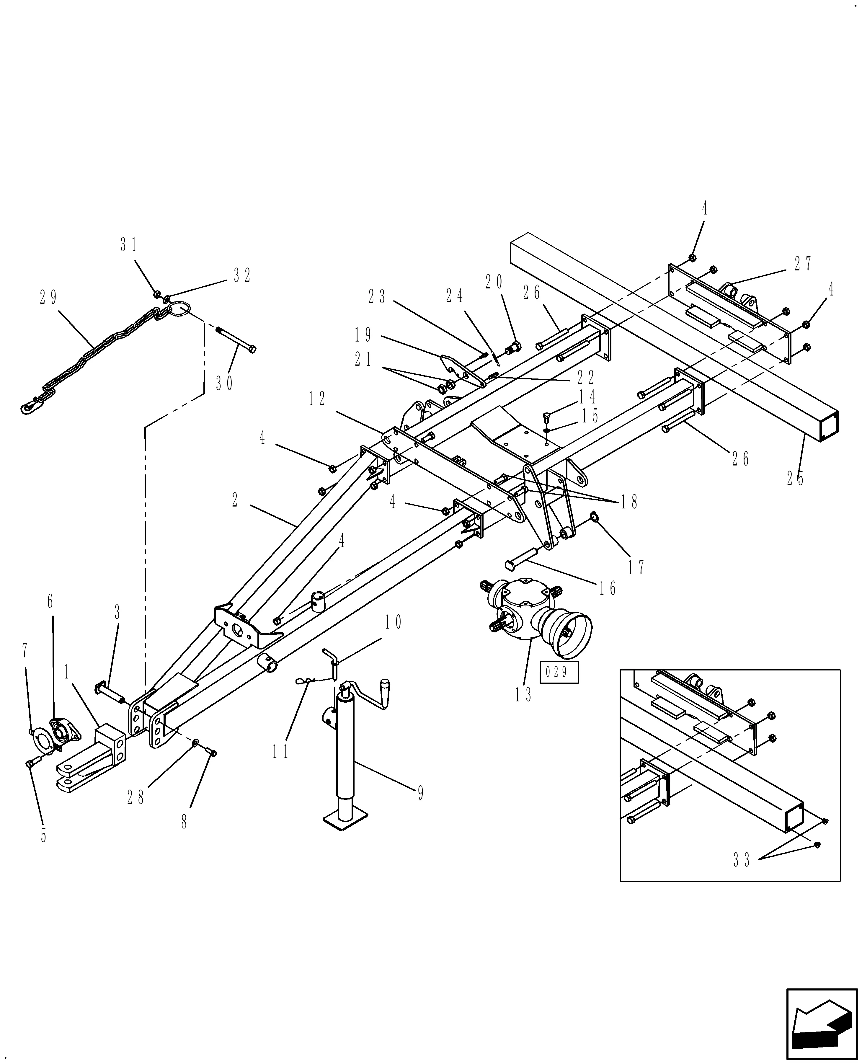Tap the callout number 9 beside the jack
pyautogui.click(x=421, y=793)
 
